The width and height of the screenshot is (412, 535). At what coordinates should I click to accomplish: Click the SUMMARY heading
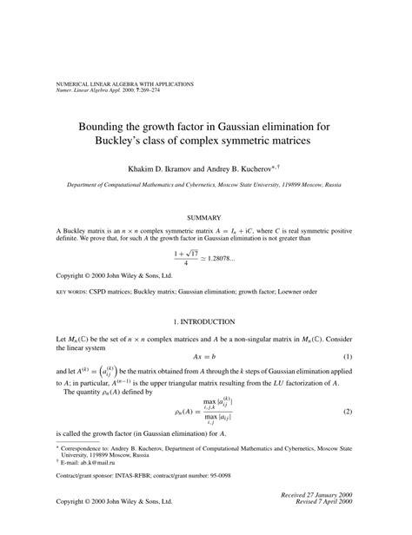205,216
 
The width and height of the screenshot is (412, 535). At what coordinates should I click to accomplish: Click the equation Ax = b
205,357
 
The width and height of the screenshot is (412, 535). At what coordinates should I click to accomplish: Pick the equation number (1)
371,357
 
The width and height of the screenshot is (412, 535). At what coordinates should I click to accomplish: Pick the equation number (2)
371,411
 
